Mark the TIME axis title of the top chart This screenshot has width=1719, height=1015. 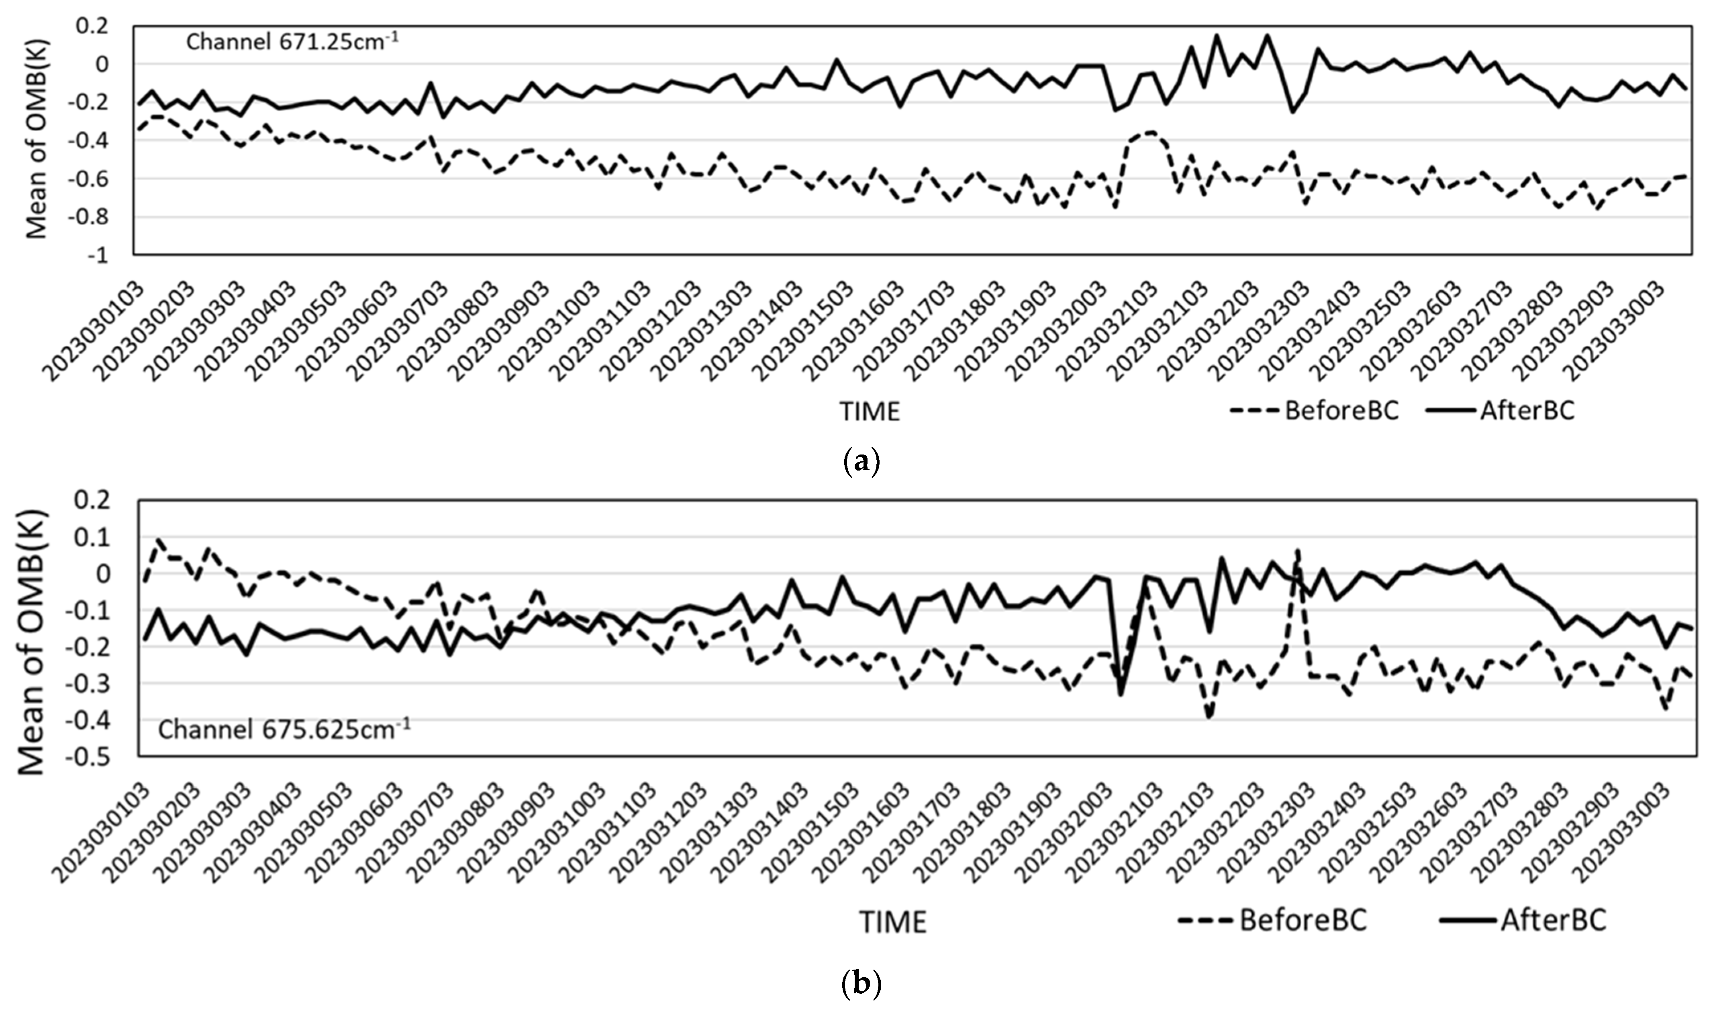pyautogui.click(x=870, y=412)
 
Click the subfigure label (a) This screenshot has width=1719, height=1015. pyautogui.click(x=861, y=463)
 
